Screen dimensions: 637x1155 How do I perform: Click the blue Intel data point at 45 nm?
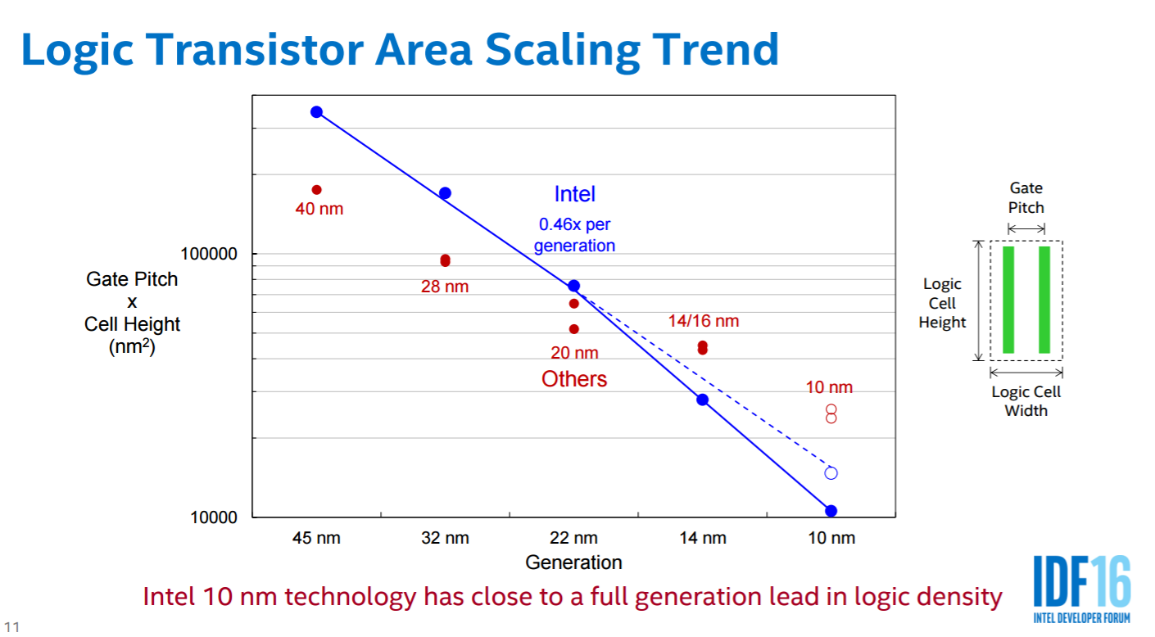pyautogui.click(x=316, y=112)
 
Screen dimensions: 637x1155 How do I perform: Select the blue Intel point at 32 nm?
pyautogui.click(x=445, y=193)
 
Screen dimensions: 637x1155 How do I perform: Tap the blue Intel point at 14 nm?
pyautogui.click(x=702, y=400)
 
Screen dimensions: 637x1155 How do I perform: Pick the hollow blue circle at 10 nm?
pyautogui.click(x=831, y=473)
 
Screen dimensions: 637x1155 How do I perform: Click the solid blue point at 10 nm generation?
pyautogui.click(x=831, y=511)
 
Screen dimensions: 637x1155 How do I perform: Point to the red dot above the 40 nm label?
pyautogui.click(x=316, y=190)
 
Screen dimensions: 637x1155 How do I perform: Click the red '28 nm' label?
pyautogui.click(x=445, y=287)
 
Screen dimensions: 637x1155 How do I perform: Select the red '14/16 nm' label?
pyautogui.click(x=703, y=322)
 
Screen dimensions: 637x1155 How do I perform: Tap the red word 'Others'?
pyautogui.click(x=574, y=379)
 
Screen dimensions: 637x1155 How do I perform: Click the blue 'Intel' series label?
pyautogui.click(x=574, y=194)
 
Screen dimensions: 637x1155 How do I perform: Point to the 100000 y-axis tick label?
pyautogui.click(x=208, y=254)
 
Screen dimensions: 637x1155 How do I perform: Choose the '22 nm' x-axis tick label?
pyautogui.click(x=573, y=539)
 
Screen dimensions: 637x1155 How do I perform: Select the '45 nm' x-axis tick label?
pyautogui.click(x=316, y=539)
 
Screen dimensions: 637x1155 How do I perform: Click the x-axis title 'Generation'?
pyautogui.click(x=573, y=563)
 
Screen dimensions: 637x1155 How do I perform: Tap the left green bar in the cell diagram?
pyautogui.click(x=1008, y=300)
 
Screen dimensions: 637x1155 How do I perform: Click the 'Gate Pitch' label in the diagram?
pyautogui.click(x=1026, y=198)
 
